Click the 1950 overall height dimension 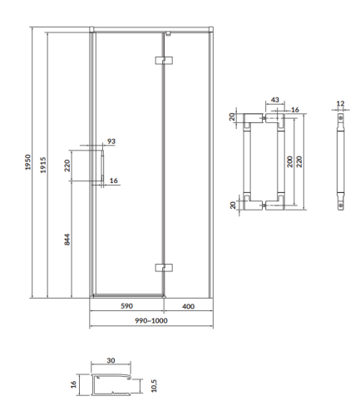27,162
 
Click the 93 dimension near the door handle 111,141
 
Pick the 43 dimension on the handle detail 274,101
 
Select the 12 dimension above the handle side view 339,104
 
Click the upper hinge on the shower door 163,60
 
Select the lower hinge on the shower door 163,268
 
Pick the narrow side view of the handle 339,162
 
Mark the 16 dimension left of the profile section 73,384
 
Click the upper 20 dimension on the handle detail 234,118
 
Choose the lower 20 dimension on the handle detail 234,202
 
